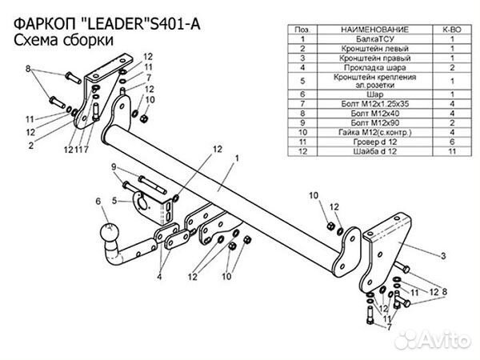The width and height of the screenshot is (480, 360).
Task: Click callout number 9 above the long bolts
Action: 114,166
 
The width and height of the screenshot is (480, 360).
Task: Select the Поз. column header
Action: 304,28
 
